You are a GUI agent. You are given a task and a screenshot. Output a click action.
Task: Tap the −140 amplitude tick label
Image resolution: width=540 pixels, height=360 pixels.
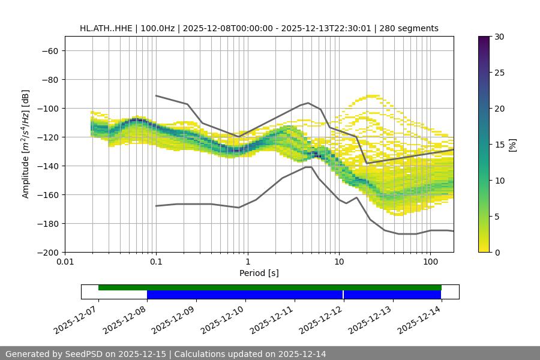pyautogui.click(x=47, y=166)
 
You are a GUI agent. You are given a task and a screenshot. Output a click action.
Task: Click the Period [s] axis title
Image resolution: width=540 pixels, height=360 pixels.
pyautogui.click(x=259, y=274)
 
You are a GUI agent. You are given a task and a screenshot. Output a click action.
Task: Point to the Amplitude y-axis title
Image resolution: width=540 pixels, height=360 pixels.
pyautogui.click(x=26, y=144)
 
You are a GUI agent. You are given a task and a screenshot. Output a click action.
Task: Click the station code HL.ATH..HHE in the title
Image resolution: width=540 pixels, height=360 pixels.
pyautogui.click(x=107, y=28)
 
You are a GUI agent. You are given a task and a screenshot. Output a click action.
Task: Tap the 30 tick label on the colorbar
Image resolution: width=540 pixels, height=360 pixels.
pyautogui.click(x=499, y=37)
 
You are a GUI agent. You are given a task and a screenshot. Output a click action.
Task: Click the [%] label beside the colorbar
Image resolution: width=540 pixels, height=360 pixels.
pyautogui.click(x=512, y=145)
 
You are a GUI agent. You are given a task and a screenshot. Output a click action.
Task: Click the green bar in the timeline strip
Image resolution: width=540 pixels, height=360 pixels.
pyautogui.click(x=270, y=287)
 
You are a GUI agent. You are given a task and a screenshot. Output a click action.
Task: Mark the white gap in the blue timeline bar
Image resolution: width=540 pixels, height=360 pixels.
pyautogui.click(x=343, y=295)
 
